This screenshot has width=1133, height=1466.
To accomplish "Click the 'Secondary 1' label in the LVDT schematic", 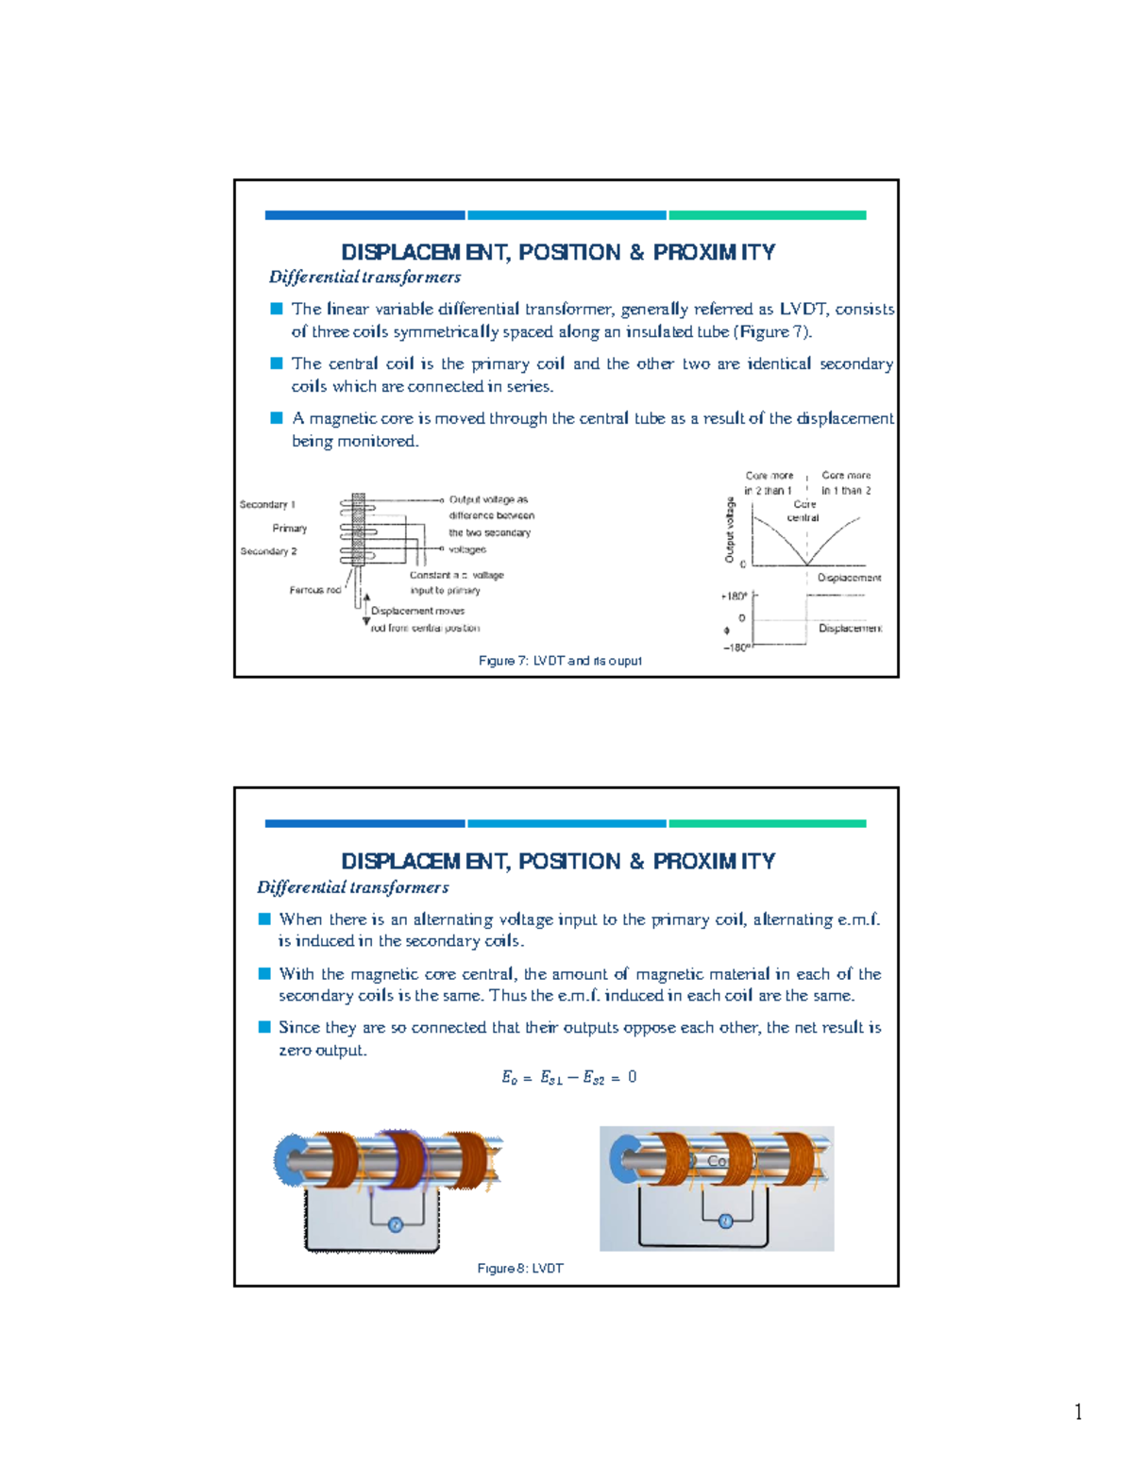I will tap(267, 504).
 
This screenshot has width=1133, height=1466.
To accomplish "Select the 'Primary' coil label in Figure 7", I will tap(289, 529).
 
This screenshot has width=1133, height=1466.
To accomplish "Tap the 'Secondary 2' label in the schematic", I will tap(268, 551).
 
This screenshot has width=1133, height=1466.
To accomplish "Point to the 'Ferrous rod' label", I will tap(314, 590).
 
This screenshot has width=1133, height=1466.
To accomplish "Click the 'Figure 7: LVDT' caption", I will tap(560, 661).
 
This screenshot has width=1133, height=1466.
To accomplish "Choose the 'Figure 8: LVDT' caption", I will tap(520, 1269).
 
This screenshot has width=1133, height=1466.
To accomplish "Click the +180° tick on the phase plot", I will tap(734, 597).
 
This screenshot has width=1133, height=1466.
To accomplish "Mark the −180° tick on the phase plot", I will tap(736, 648).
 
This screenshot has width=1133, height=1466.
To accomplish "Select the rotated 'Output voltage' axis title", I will tap(729, 530).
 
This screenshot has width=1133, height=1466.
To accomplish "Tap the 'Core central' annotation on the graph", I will tap(803, 511).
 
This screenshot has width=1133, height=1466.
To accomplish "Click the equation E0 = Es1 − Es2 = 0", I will tap(568, 1077).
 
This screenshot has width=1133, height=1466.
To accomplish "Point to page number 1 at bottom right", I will tap(1077, 1412).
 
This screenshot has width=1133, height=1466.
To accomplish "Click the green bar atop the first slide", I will tap(767, 215).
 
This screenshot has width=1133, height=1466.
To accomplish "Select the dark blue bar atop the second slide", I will tap(364, 823).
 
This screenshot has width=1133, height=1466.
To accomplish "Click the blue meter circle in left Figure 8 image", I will tap(396, 1224).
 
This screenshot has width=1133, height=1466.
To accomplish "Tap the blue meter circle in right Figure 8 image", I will tap(725, 1221).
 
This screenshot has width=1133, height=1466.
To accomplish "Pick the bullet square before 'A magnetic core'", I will tap(277, 417).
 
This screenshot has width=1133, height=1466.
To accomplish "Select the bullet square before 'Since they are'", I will tap(264, 1027).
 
